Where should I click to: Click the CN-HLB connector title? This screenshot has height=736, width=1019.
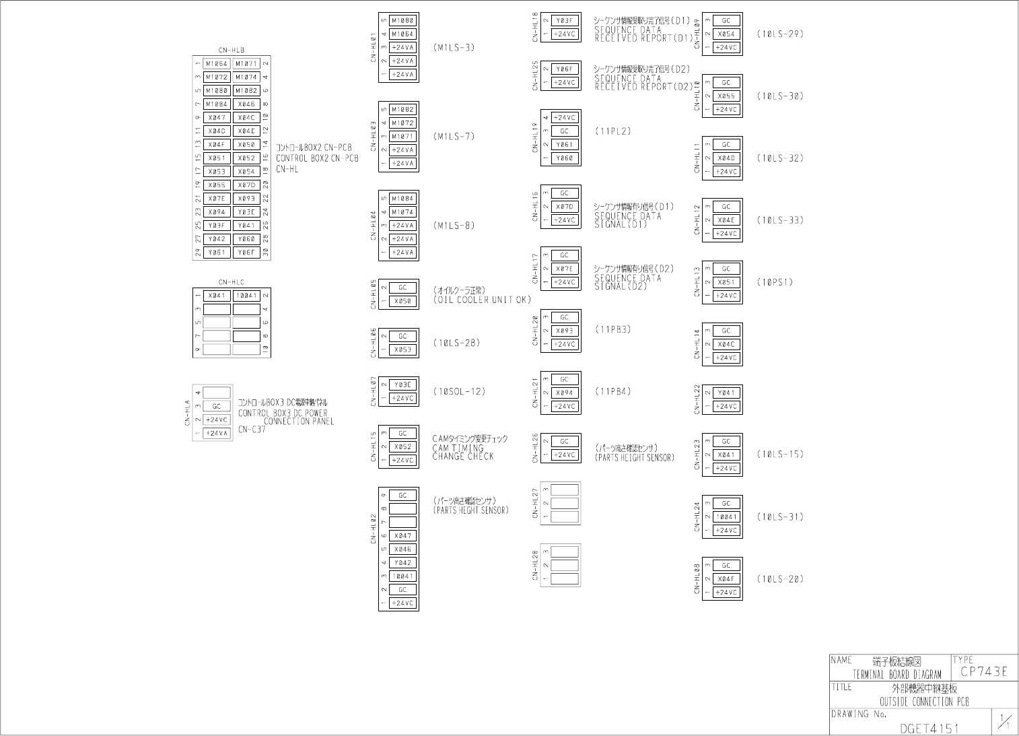[231, 51]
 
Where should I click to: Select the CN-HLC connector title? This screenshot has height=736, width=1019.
[231, 283]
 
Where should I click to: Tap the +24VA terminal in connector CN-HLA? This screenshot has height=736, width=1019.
[217, 434]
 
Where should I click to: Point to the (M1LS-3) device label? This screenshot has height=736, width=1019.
[454, 48]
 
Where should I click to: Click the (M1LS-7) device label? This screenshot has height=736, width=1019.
[454, 137]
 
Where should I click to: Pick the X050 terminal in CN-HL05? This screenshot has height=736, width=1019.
[402, 302]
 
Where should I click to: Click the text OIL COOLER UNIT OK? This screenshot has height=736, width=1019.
[482, 300]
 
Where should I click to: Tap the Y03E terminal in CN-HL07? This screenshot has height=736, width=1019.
[402, 385]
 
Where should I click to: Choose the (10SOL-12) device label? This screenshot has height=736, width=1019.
[460, 392]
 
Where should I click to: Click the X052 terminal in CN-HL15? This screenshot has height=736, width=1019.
[402, 447]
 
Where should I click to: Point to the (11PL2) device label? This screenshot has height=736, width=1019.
[613, 131]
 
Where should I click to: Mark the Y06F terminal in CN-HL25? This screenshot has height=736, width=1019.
[565, 69]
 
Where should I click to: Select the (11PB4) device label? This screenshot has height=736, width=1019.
[613, 392]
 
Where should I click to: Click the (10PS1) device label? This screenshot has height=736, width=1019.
[775, 282]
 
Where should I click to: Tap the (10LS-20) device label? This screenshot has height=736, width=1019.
[780, 579]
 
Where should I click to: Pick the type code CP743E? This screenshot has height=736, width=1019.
[984, 671]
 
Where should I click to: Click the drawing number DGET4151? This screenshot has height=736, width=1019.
[929, 728]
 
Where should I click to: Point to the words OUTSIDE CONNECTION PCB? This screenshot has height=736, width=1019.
[924, 702]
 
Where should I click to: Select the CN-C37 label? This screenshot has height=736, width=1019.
[252, 430]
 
